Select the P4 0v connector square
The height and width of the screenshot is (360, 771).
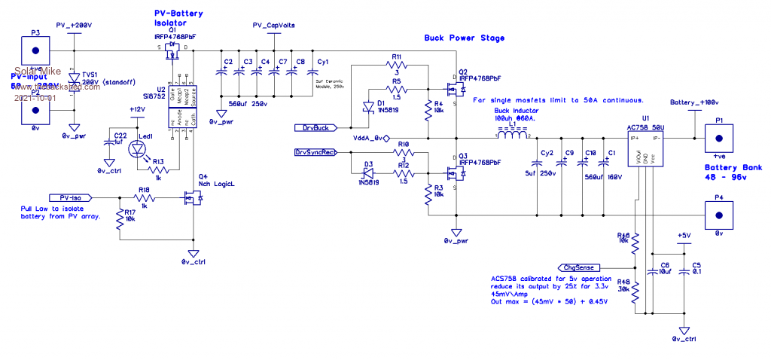point(718,215)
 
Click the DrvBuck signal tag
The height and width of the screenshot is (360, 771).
point(316,127)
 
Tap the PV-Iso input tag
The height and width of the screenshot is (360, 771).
point(70,197)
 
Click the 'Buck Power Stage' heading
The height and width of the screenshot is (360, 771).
point(465,38)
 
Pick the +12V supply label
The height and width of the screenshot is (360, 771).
point(136,109)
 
